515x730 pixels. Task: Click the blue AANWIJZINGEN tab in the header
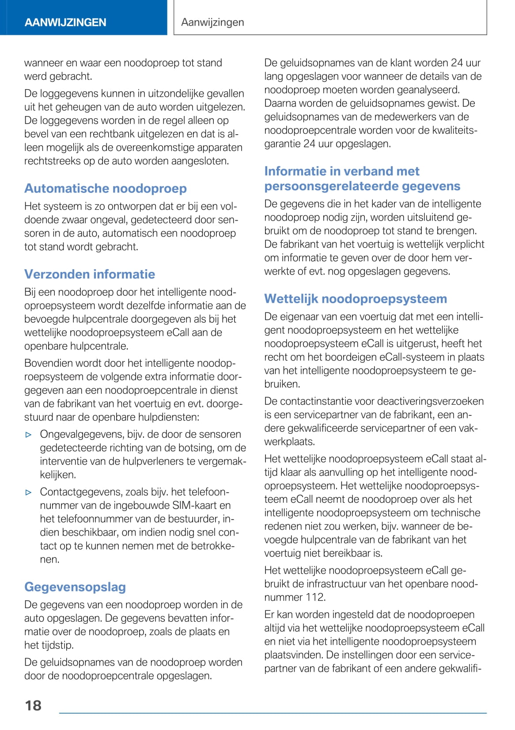coord(65,22)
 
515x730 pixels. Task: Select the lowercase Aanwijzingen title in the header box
coord(212,22)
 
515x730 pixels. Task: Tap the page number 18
coord(33,705)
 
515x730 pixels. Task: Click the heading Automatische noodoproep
coord(106,188)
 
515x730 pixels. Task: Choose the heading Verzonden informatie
coord(90,274)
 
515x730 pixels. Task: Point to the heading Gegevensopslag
coord(75,587)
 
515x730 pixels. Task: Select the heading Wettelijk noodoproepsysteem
coord(356,299)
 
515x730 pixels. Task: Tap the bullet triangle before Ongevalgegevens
coord(29,435)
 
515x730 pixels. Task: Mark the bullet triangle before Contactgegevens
coord(29,493)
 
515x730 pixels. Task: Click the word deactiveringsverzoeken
coord(430,401)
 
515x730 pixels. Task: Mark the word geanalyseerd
coord(428,90)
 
